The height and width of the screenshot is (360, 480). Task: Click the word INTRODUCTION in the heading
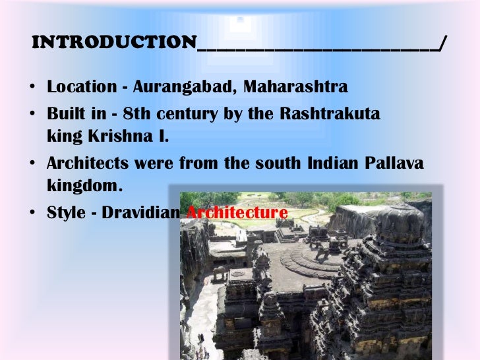pyautogui.click(x=113, y=43)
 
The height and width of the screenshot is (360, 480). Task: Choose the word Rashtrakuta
pyautogui.click(x=330, y=113)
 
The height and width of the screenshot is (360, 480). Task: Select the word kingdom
pyautogui.click(x=84, y=186)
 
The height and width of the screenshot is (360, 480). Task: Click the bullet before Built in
pyautogui.click(x=32, y=114)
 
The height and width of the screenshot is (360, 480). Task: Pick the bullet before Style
pyautogui.click(x=32, y=214)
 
